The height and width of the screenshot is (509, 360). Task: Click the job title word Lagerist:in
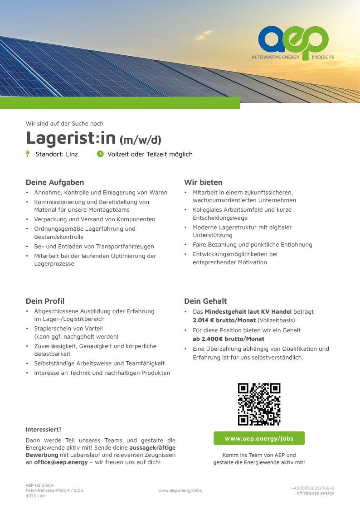[x=71, y=137]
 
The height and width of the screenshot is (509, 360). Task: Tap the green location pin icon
[x=28, y=154]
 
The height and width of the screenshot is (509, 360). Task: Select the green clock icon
[x=100, y=154]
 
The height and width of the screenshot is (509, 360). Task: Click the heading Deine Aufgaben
[x=55, y=182]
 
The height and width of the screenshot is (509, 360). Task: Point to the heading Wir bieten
[x=203, y=182]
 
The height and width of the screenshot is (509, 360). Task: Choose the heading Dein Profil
[x=45, y=301]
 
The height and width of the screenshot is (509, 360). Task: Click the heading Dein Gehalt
[x=205, y=301]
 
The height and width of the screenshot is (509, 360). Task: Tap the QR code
[x=259, y=404]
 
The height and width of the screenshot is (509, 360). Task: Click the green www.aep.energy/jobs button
[x=259, y=438]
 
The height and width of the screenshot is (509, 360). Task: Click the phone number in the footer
[x=313, y=488]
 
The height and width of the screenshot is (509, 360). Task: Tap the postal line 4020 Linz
[x=35, y=496]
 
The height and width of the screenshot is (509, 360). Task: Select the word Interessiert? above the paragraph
[x=44, y=429]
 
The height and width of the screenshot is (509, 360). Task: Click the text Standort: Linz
[x=57, y=154]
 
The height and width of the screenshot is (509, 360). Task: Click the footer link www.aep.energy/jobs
[x=180, y=490]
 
